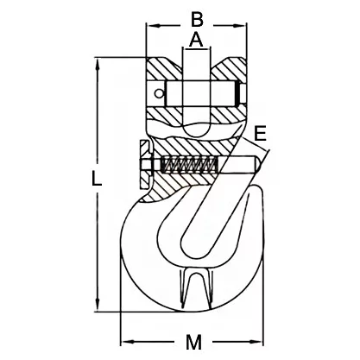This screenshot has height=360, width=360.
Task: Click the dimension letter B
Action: coord(197,20)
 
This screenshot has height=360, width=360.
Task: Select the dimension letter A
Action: coord(196,41)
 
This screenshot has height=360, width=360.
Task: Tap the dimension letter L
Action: coord(97,179)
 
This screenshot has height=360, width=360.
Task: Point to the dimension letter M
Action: coord(193,342)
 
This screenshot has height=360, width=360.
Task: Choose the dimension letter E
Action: coord(261,133)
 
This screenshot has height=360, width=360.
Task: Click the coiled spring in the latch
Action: coord(189,165)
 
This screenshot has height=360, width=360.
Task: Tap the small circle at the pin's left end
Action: coord(159,93)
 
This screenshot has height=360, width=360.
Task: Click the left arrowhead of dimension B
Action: coord(153,26)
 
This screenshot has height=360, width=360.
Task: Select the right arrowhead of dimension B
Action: coord(240,26)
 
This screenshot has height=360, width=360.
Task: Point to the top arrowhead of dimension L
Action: coord(98,64)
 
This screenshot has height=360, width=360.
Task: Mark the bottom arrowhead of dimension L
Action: coord(98,305)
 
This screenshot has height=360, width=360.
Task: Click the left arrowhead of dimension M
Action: coord(127,342)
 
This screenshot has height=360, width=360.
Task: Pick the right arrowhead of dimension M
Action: coord(256,342)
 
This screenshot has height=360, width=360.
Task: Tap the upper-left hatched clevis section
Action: coord(162,70)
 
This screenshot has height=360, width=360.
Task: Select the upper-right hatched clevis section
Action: coord(230,70)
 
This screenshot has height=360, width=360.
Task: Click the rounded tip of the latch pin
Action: coord(258,165)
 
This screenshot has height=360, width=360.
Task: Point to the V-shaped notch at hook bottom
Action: coord(196,287)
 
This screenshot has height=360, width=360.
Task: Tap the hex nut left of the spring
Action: coord(146,165)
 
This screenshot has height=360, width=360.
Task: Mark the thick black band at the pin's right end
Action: coord(238,93)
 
